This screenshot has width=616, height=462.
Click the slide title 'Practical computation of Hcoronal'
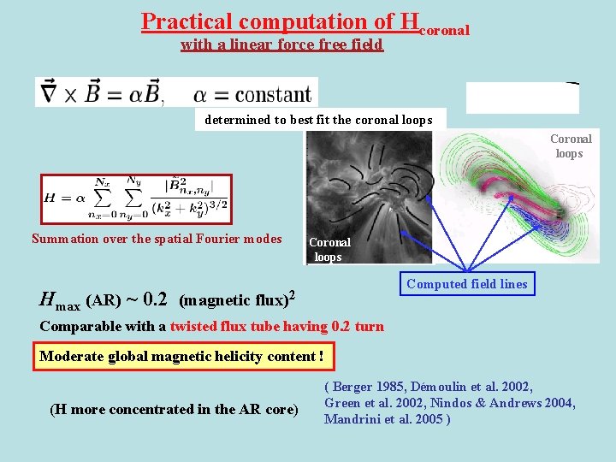tap(305, 22)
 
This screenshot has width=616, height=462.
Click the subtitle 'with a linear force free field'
tap(281, 44)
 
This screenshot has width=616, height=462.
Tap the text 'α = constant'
tap(252, 93)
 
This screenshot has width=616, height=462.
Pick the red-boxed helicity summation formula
tap(136, 198)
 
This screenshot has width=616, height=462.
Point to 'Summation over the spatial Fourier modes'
tap(156, 239)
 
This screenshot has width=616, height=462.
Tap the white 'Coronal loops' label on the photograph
tap(329, 249)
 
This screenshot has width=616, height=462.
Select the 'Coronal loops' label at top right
tap(570, 145)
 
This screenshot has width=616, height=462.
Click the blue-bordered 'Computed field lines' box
tap(466, 284)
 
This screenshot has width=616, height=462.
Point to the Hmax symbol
tap(59, 300)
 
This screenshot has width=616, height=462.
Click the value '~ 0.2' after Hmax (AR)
tap(146, 299)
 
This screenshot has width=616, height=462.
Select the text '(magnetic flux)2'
tap(237, 299)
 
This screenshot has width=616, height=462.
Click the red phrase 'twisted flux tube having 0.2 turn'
tap(276, 326)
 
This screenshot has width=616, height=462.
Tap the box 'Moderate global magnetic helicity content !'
tap(181, 356)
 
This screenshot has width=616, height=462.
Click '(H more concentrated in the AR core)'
tap(174, 409)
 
